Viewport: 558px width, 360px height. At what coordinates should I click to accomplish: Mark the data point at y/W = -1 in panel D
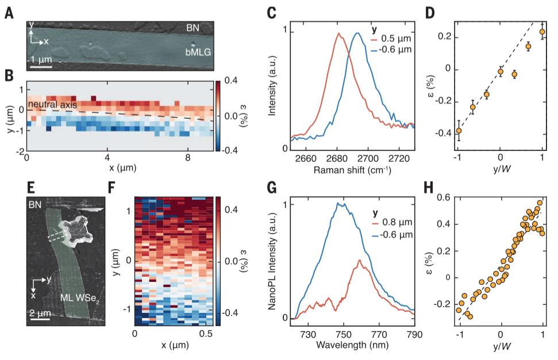coord(459,131)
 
